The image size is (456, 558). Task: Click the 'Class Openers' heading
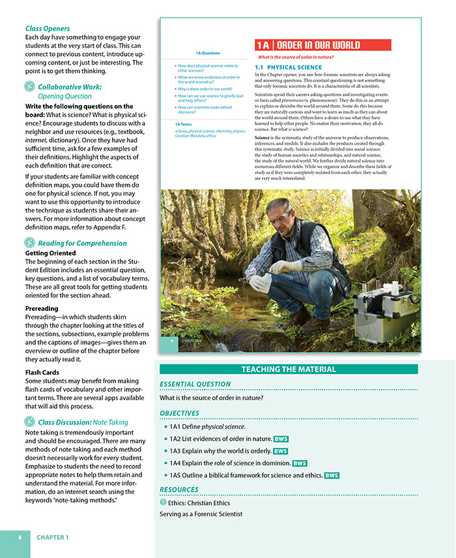(x=48, y=29)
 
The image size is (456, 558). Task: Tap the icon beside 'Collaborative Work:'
(x=30, y=87)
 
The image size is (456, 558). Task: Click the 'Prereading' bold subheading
(x=42, y=308)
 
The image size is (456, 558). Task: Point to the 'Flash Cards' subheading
(x=42, y=372)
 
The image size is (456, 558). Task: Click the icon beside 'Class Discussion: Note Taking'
(x=30, y=422)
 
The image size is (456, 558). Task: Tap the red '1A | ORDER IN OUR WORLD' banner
(x=322, y=45)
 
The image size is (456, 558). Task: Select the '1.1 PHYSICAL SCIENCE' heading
(x=288, y=67)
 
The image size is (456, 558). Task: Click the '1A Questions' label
(x=208, y=53)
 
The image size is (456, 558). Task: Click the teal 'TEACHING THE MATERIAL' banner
(x=289, y=370)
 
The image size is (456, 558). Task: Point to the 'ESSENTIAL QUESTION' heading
(x=195, y=384)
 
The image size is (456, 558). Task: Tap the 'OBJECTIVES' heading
(x=179, y=413)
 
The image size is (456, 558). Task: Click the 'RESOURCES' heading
(x=180, y=490)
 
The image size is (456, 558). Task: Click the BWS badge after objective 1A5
(x=332, y=475)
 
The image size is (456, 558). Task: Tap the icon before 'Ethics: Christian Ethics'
(x=163, y=503)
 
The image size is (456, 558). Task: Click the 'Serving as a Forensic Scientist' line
(x=201, y=514)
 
